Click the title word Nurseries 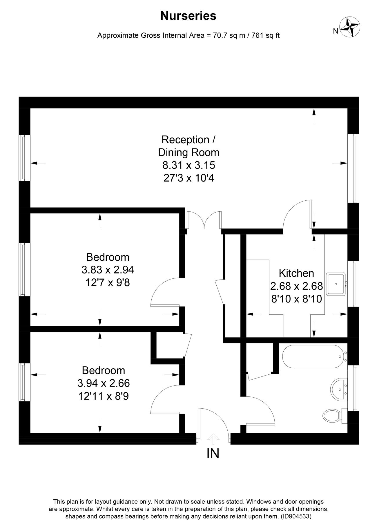click(x=188, y=16)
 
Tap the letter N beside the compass click(x=335, y=31)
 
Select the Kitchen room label click(x=296, y=273)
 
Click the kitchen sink click(x=336, y=284)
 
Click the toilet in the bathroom click(x=332, y=416)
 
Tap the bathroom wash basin click(x=339, y=390)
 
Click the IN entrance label click(x=213, y=454)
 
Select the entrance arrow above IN click(x=213, y=439)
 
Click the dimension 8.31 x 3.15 click(x=188, y=165)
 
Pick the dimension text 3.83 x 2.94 click(x=108, y=270)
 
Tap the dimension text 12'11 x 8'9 click(x=104, y=396)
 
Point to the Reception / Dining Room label click(x=188, y=146)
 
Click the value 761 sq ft click(x=266, y=36)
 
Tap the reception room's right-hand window click(x=354, y=168)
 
